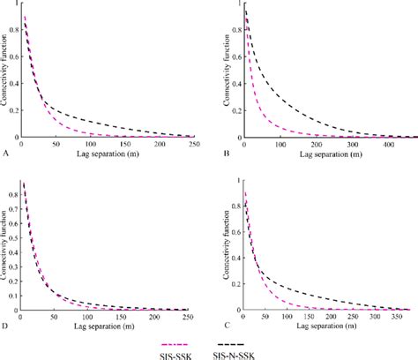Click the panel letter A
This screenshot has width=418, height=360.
click(7, 152)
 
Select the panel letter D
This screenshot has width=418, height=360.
click(7, 326)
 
